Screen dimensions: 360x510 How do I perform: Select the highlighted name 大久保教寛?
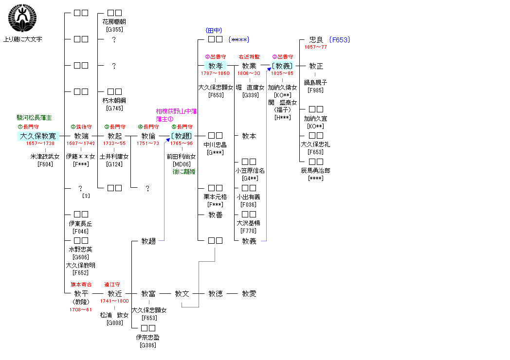point(38,136)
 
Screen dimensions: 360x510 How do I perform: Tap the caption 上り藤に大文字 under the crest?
point(22,39)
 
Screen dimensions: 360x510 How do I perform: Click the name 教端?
point(81,136)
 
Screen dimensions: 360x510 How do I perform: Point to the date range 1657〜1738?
point(40,144)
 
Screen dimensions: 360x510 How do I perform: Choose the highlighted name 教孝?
point(215,66)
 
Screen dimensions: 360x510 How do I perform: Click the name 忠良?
point(316,40)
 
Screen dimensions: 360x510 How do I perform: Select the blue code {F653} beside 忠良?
point(340,40)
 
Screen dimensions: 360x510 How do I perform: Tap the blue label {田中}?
point(215,31)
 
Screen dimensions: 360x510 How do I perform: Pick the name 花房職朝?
point(114,22)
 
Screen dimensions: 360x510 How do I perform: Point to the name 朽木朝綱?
point(114,100)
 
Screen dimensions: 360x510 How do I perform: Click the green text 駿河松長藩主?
point(34,118)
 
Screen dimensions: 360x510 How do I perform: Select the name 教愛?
point(249,293)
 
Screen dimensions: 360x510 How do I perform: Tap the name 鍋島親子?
point(316,83)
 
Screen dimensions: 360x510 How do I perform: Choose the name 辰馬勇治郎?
point(316,171)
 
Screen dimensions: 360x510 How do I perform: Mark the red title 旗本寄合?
point(81,285)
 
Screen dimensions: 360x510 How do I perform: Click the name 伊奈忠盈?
point(148,337)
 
